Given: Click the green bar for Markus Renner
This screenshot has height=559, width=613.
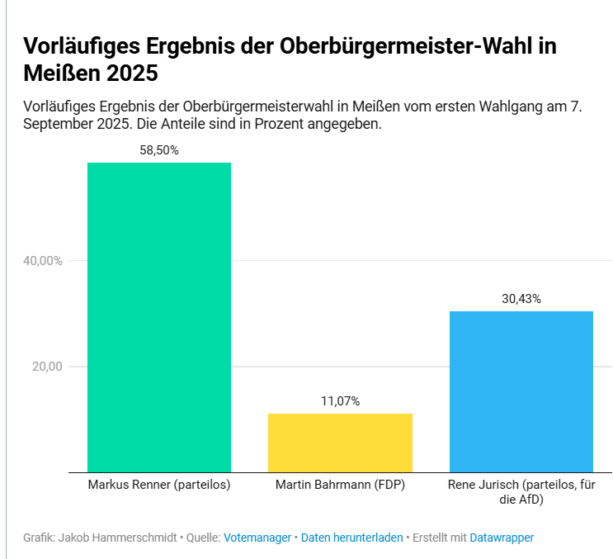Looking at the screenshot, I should point(159,317).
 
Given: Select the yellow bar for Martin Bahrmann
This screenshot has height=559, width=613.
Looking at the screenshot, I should point(340,443).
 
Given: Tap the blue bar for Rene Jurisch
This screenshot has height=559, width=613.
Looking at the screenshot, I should point(521,391).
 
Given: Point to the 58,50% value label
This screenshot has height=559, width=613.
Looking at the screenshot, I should point(159,150).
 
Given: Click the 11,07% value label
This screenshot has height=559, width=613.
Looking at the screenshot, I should point(340,401).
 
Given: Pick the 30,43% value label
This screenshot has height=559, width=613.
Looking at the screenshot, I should point(521,299).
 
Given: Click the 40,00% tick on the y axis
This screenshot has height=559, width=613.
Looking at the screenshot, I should point(43,261).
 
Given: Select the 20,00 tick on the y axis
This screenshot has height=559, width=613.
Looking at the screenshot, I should point(48,367).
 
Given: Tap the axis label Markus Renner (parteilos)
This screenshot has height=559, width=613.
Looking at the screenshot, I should point(159,485).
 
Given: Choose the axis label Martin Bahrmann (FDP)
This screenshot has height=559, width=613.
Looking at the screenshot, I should point(340,485).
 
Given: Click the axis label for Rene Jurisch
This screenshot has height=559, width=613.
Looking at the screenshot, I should point(521,492).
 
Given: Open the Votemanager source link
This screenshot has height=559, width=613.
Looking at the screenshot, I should point(257,538).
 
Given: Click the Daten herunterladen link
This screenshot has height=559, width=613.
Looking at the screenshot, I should point(351,538).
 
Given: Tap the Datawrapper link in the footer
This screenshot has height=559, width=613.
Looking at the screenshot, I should point(502,538).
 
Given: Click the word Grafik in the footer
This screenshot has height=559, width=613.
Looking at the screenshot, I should point(40,538).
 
